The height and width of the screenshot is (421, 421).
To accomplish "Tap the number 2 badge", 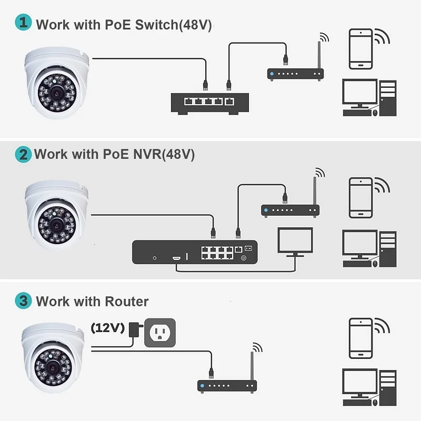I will (22, 154).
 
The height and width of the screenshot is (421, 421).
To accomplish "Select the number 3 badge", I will (22, 302).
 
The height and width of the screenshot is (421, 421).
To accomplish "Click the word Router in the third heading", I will (126, 302).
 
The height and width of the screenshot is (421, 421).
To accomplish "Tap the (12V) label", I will (107, 328).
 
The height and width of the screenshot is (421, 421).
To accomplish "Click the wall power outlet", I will (159, 332).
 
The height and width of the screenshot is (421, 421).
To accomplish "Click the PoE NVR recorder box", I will (195, 252).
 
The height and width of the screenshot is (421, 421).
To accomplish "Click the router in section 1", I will (295, 74).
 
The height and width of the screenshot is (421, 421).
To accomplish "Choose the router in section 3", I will (227, 385).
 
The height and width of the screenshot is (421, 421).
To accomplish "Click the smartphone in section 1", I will (361, 49).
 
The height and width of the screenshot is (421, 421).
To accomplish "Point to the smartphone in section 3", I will (361, 338).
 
